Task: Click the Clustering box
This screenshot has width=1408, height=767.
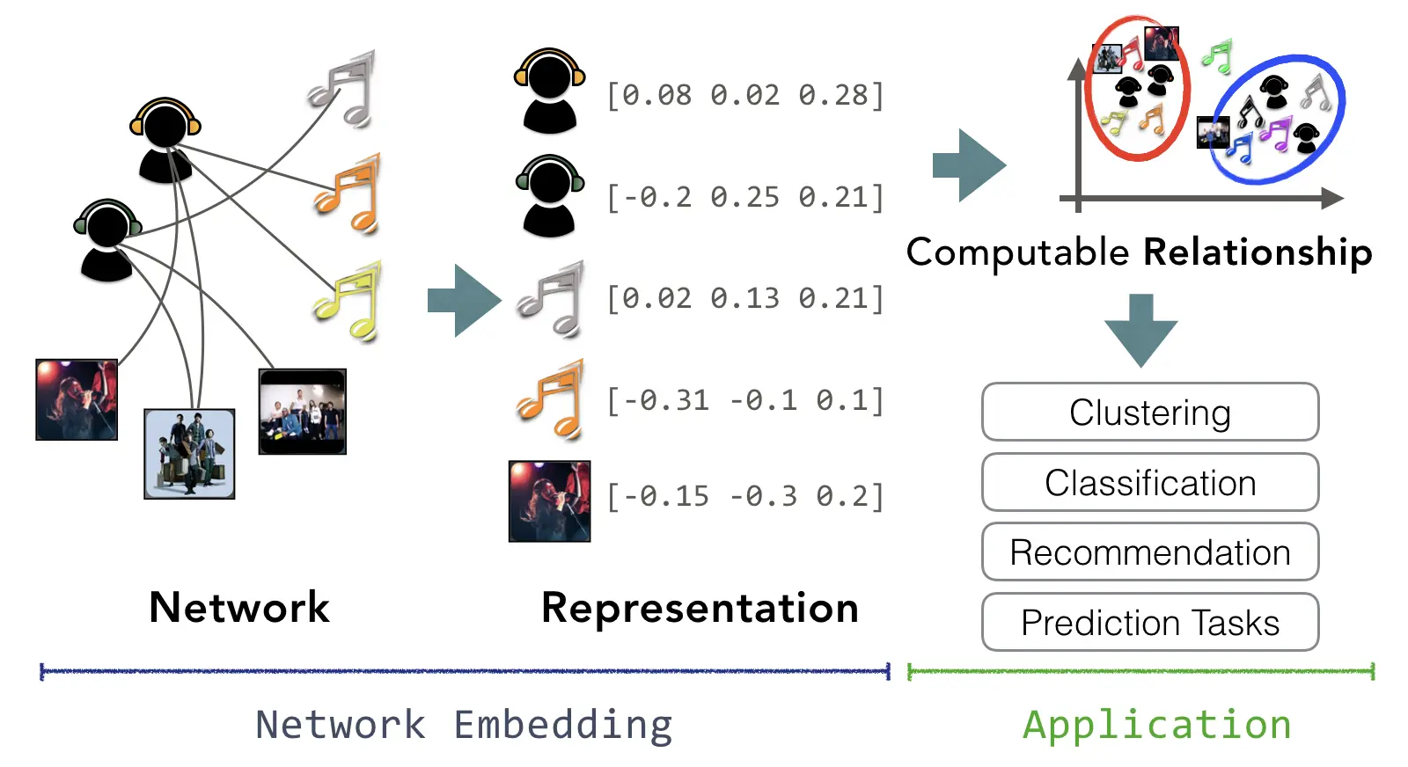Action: (1149, 412)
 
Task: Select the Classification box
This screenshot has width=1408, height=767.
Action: (1149, 482)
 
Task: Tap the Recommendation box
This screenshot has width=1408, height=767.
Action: (1149, 552)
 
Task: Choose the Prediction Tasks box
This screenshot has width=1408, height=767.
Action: (1149, 622)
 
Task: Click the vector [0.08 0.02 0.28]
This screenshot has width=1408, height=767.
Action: (745, 96)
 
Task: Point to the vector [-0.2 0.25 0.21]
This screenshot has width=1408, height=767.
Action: (745, 197)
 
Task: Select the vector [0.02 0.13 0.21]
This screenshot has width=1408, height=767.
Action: (745, 298)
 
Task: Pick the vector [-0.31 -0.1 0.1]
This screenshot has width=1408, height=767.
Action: (745, 400)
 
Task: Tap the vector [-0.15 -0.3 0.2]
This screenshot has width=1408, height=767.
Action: (745, 496)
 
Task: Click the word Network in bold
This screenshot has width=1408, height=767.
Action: (238, 608)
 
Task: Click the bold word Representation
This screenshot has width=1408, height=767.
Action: (700, 608)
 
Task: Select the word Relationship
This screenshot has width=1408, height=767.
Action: (1258, 252)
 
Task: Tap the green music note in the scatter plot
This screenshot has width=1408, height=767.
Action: (1217, 56)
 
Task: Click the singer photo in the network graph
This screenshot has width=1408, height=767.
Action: (77, 399)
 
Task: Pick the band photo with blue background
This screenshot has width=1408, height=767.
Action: (189, 454)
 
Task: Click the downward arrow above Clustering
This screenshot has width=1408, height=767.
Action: (1140, 331)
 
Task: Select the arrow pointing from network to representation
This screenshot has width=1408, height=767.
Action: (465, 300)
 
